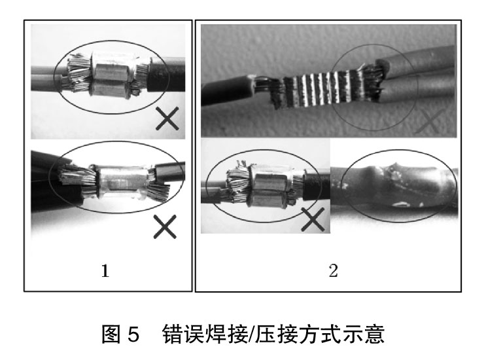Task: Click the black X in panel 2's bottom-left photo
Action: click(314, 219)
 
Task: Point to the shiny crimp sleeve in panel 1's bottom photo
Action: click(119, 183)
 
